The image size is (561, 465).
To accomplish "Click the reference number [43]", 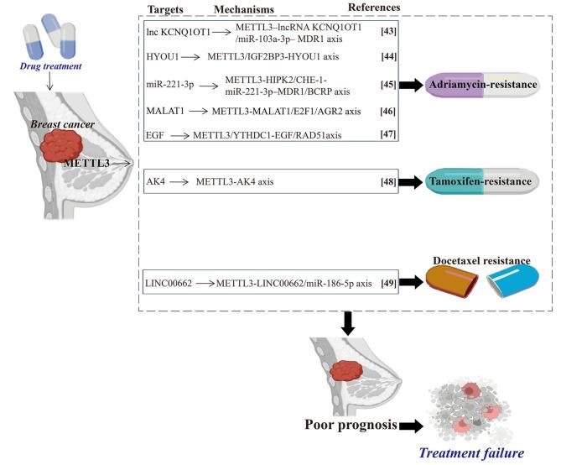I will click(x=388, y=31).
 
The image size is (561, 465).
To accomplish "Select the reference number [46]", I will click(x=388, y=109).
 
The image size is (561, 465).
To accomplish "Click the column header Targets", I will click(x=164, y=8).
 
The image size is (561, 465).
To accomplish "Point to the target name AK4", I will click(x=156, y=180).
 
